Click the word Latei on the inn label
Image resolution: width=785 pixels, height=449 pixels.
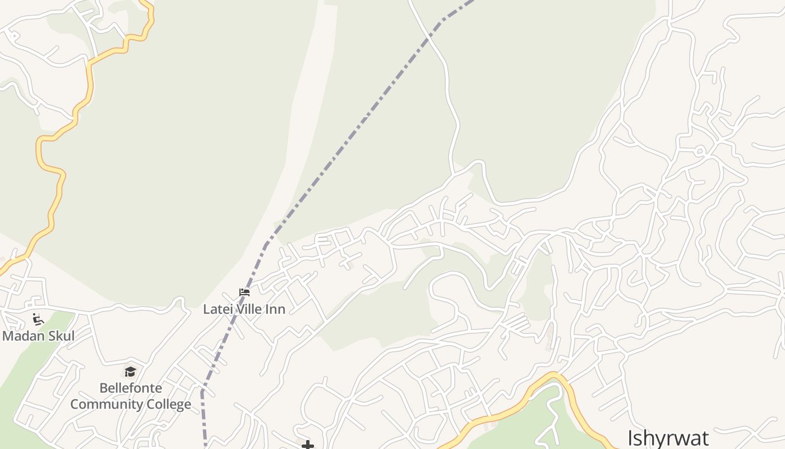(x=216, y=309)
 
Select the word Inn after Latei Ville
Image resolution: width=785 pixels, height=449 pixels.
(x=276, y=309)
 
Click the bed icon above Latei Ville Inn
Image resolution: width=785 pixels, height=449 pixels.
(x=244, y=292)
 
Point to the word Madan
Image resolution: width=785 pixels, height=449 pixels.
(x=21, y=336)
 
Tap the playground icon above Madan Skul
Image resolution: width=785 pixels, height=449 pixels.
(x=38, y=319)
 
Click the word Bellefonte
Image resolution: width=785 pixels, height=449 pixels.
(x=131, y=388)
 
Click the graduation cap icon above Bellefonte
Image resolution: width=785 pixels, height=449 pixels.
(x=131, y=372)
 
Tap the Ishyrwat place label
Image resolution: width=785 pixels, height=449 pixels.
(x=668, y=438)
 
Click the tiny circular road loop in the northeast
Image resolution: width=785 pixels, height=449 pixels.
(x=699, y=150)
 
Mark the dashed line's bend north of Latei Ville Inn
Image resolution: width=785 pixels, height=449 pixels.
(x=266, y=245)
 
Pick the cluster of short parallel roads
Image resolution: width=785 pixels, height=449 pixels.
(x=517, y=324)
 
